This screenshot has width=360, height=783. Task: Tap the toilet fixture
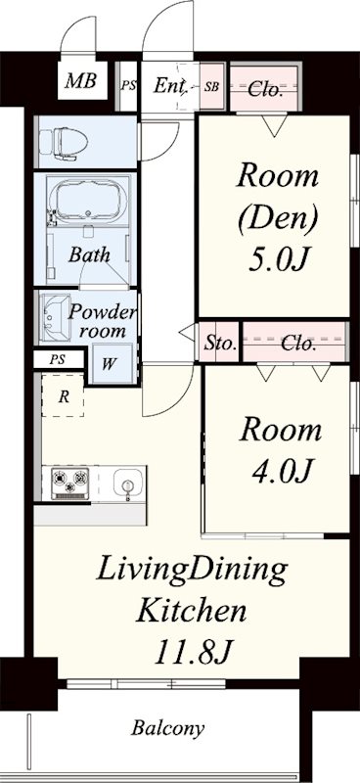click(x=64, y=143)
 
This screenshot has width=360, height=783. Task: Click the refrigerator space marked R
click(x=63, y=395)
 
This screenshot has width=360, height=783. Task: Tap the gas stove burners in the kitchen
click(x=69, y=483)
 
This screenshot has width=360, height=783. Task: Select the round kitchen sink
click(x=128, y=483)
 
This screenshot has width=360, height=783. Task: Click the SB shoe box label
click(x=211, y=86)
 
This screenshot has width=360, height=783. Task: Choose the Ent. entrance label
click(x=171, y=86)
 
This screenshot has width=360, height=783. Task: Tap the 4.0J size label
click(x=282, y=471)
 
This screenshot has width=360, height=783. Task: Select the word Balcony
click(x=167, y=728)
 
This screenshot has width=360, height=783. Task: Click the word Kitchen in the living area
click(x=192, y=611)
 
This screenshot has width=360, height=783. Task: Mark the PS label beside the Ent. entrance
click(x=128, y=85)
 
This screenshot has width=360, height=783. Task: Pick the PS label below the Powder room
click(x=57, y=359)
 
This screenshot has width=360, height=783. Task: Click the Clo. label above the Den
click(x=266, y=90)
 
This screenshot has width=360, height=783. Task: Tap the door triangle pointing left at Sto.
click(x=187, y=332)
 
